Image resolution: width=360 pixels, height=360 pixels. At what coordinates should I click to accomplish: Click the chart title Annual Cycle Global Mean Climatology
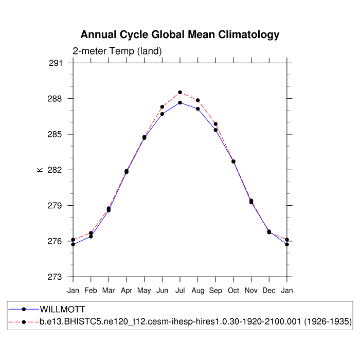coord(180,35)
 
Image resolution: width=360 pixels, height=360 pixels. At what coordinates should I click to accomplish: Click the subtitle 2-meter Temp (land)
coord(117,51)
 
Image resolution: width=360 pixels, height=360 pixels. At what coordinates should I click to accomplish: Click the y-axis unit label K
coord(40,170)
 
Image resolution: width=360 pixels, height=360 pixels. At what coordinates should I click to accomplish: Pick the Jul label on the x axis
coord(180,291)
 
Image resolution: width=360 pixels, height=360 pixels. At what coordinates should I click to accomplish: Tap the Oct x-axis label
coord(233,291)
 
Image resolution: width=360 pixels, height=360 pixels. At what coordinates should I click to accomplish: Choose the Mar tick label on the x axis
coord(109,291)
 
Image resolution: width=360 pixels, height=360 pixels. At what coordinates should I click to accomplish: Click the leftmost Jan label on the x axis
coord(73,291)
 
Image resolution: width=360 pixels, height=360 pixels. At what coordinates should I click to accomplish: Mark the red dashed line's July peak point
coord(180,93)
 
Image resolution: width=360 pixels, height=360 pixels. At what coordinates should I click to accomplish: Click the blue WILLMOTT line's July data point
coord(180,103)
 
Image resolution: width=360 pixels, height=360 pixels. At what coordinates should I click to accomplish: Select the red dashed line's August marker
coord(198,100)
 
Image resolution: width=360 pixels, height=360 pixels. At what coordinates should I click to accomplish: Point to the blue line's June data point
coord(162,114)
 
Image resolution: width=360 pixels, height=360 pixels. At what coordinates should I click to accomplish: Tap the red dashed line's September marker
coord(215,124)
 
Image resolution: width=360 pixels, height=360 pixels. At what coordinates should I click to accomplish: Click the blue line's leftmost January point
coord(73,244)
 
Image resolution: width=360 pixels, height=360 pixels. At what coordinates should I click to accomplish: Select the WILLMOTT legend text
coord(62,310)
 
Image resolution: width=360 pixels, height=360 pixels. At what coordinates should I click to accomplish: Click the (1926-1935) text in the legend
coord(327,322)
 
